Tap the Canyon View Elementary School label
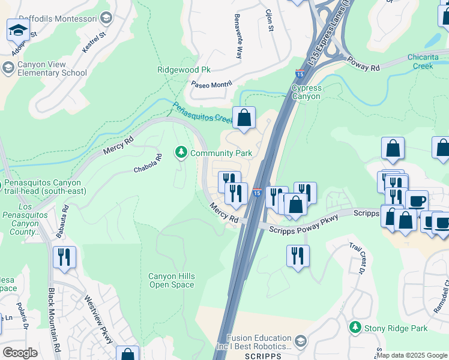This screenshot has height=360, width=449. point(52,68)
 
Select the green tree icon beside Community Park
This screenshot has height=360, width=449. point(181,153)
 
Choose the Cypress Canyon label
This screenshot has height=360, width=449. point(306,92)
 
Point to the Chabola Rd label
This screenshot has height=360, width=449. point(148,164)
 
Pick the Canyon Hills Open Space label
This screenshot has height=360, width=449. point(172,280)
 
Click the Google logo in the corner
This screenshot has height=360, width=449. point(20,353)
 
